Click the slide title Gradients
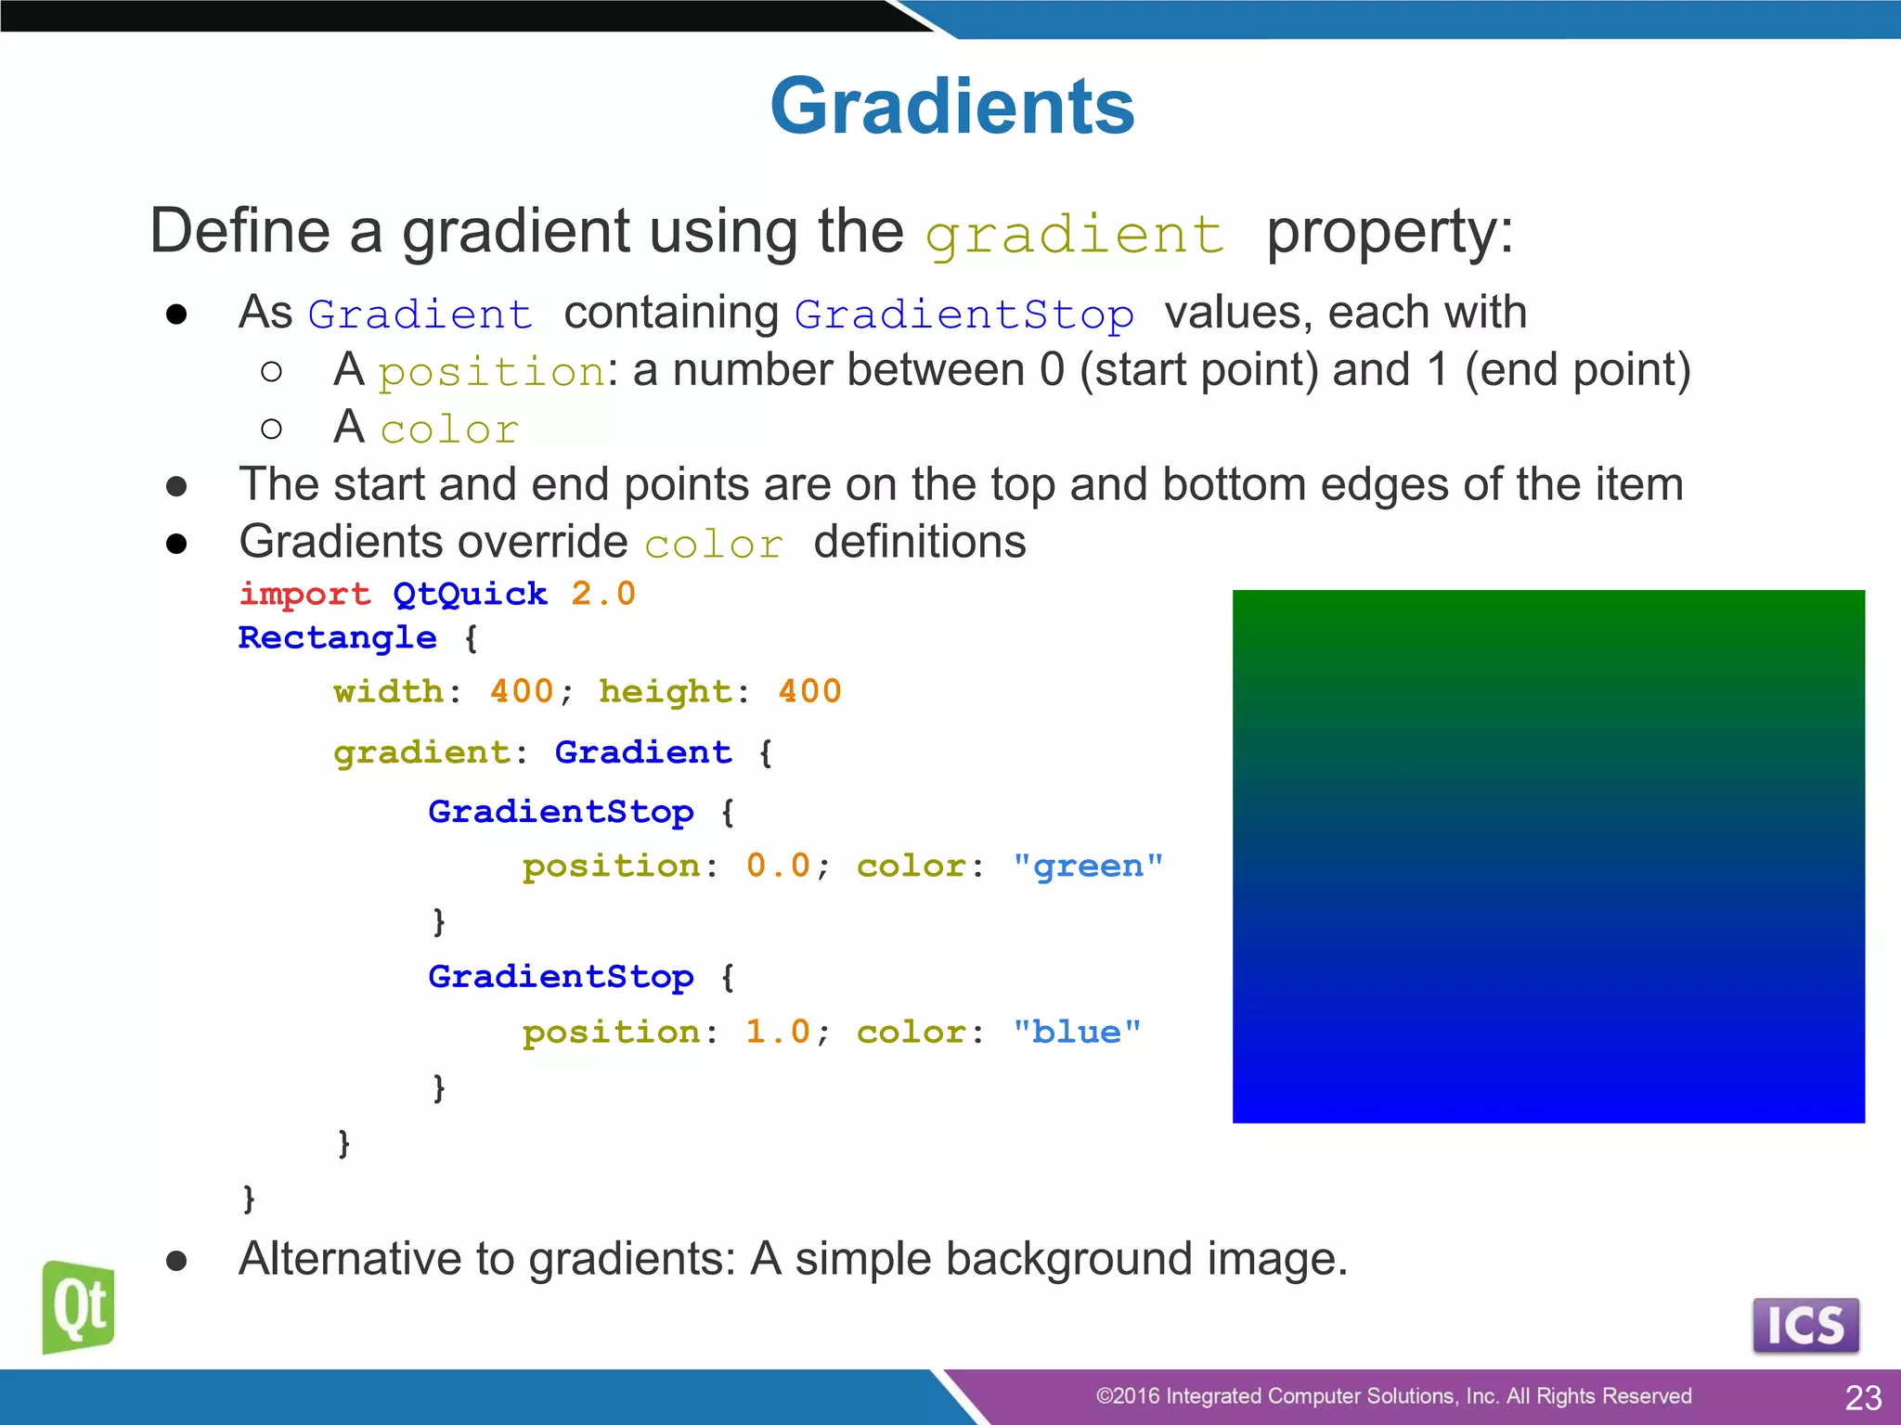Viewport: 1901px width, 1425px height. (951, 107)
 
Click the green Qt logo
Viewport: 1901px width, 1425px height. (79, 1307)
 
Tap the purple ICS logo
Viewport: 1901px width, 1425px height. (1805, 1325)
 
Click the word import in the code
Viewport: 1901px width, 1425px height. (304, 594)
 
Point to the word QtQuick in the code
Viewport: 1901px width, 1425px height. (470, 594)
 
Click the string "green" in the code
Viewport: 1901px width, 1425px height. (1088, 867)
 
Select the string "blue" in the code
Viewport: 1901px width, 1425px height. (1077, 1033)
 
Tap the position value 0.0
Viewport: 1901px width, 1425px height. (778, 866)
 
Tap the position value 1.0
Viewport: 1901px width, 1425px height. (778, 1032)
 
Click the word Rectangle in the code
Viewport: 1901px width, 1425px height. (337, 637)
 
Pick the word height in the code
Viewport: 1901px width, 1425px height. (666, 691)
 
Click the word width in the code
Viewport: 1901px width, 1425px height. (388, 691)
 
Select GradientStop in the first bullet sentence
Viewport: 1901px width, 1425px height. (963, 315)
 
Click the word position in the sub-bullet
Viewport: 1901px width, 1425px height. (492, 373)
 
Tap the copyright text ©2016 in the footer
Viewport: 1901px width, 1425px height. (1127, 1396)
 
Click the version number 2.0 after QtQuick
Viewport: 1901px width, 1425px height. (603, 594)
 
